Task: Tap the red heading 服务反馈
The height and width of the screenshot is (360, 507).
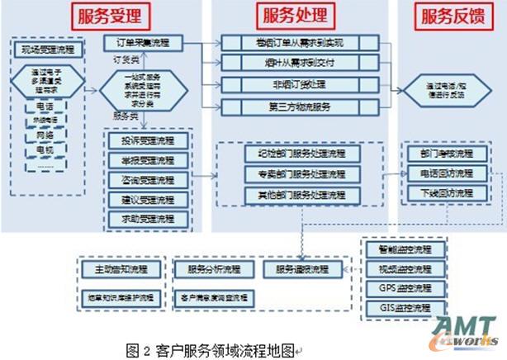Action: pos(453,17)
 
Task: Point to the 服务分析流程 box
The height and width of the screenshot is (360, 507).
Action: pos(214,270)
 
